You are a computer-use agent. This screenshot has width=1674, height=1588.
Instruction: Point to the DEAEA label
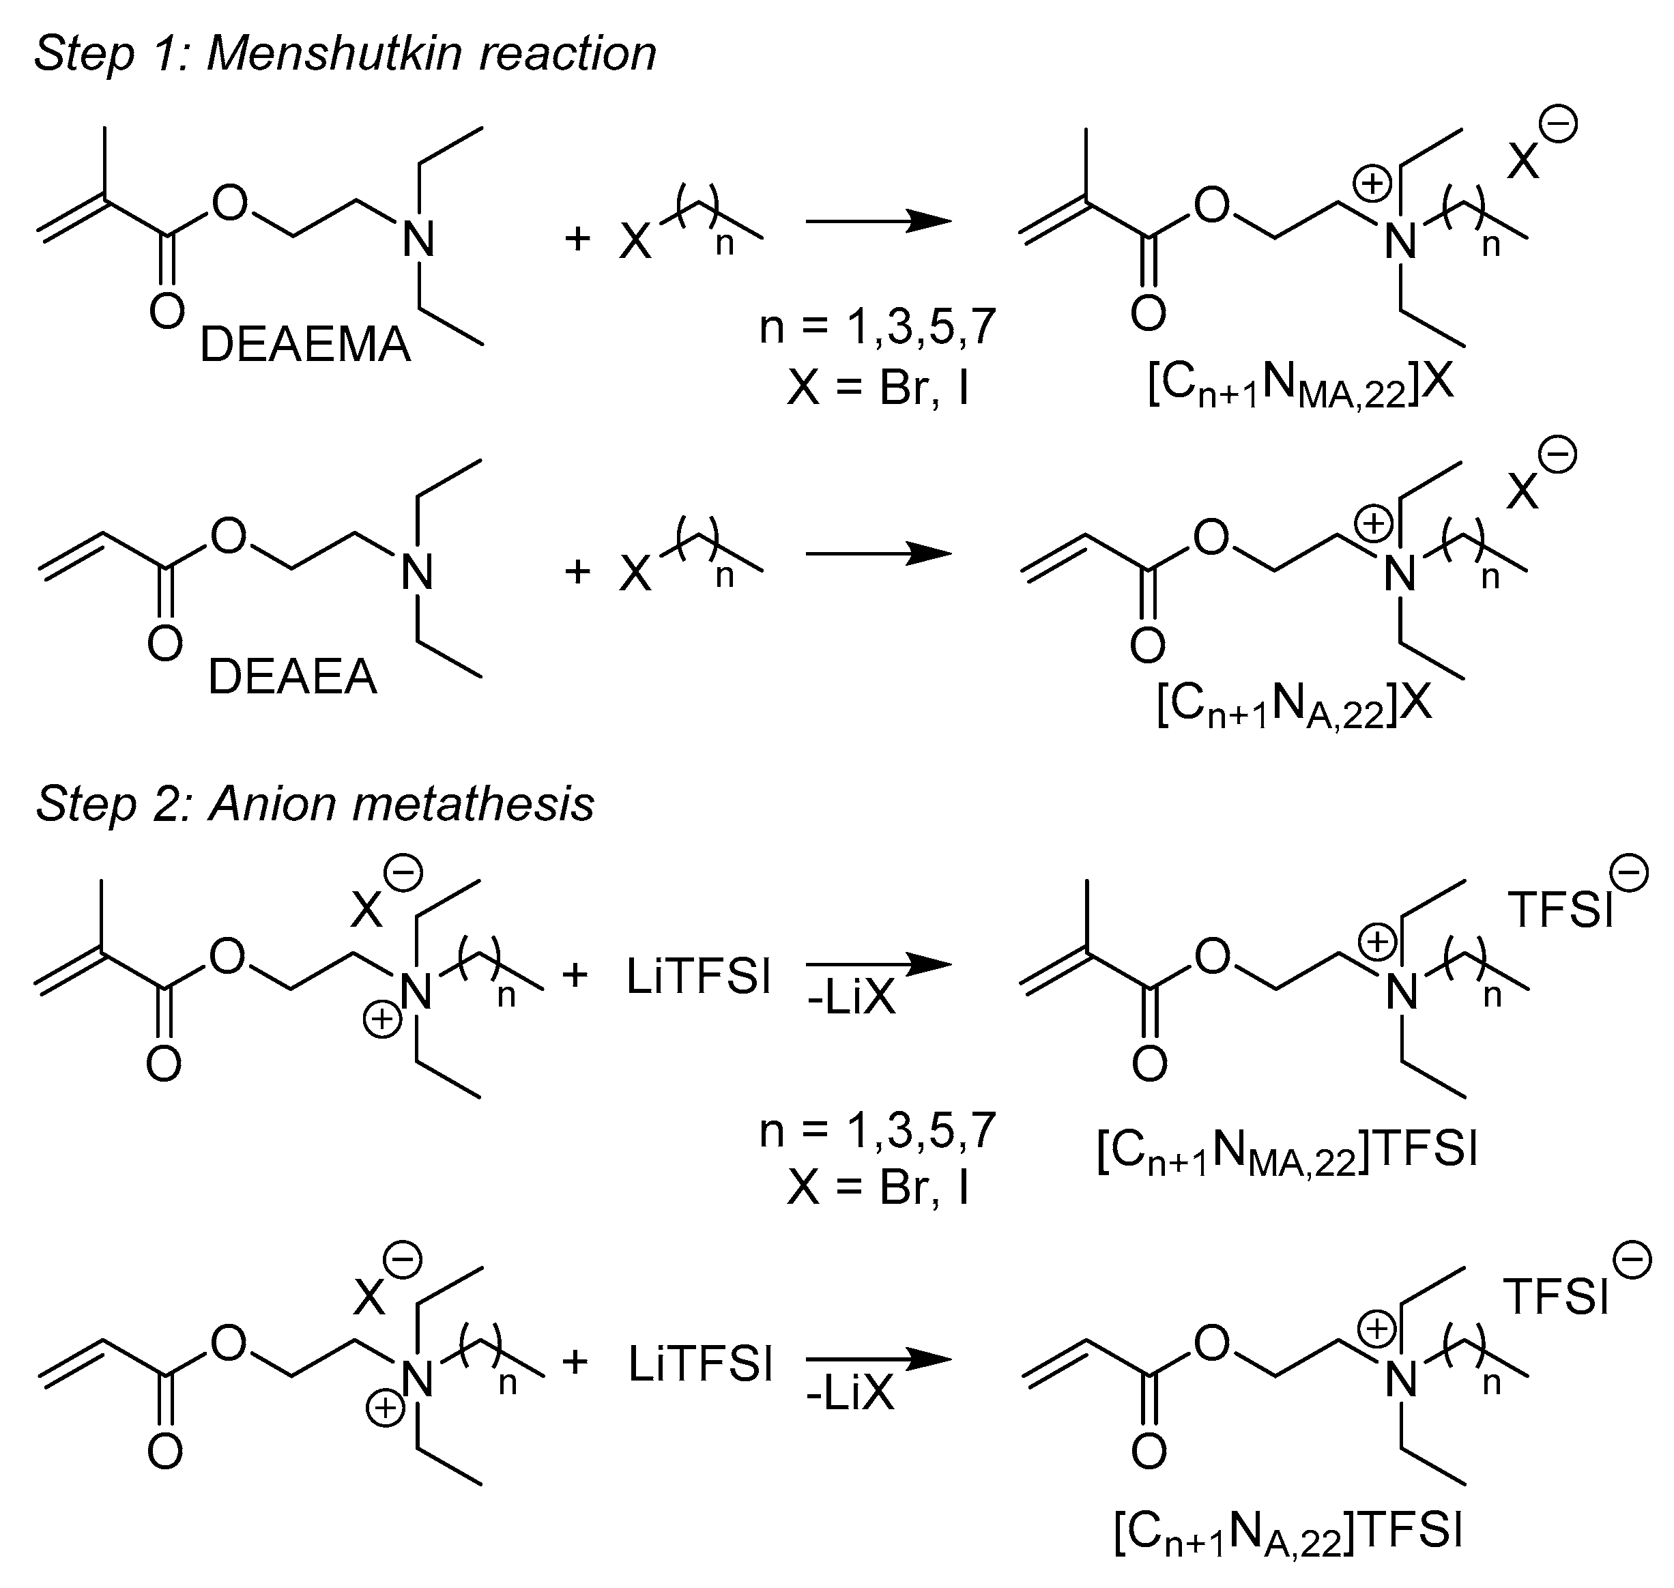click(x=292, y=677)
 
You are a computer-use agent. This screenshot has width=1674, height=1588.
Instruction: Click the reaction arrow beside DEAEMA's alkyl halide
click(x=878, y=222)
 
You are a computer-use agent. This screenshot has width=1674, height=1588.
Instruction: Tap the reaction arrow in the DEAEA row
click(x=878, y=554)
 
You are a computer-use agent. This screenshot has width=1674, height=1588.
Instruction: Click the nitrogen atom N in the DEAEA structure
click(x=417, y=573)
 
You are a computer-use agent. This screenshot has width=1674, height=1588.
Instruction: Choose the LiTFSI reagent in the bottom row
click(x=701, y=1366)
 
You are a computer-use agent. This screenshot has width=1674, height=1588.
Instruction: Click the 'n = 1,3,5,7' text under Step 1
click(x=878, y=327)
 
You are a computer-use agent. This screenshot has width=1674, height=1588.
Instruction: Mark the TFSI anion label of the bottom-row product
click(x=1555, y=1297)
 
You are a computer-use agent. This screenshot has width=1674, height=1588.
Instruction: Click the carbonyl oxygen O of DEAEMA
click(x=167, y=311)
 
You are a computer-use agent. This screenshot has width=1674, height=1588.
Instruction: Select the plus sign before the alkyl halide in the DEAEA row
click(x=577, y=571)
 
